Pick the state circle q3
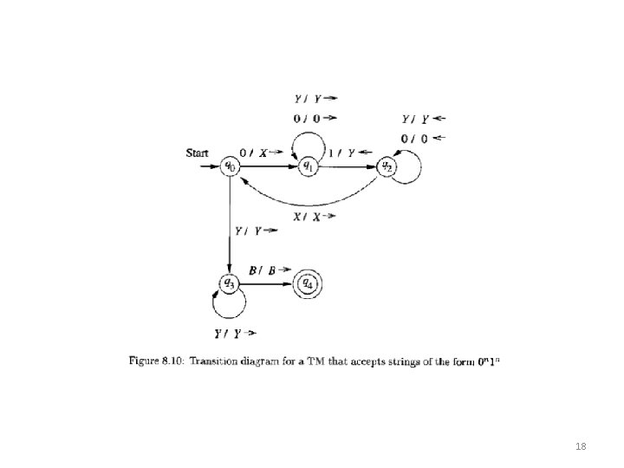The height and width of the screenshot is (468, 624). coord(229,282)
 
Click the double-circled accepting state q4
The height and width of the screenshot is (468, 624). coord(307,282)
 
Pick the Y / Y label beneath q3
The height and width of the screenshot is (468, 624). coord(235,333)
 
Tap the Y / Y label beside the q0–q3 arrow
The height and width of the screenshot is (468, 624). coord(257,231)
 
